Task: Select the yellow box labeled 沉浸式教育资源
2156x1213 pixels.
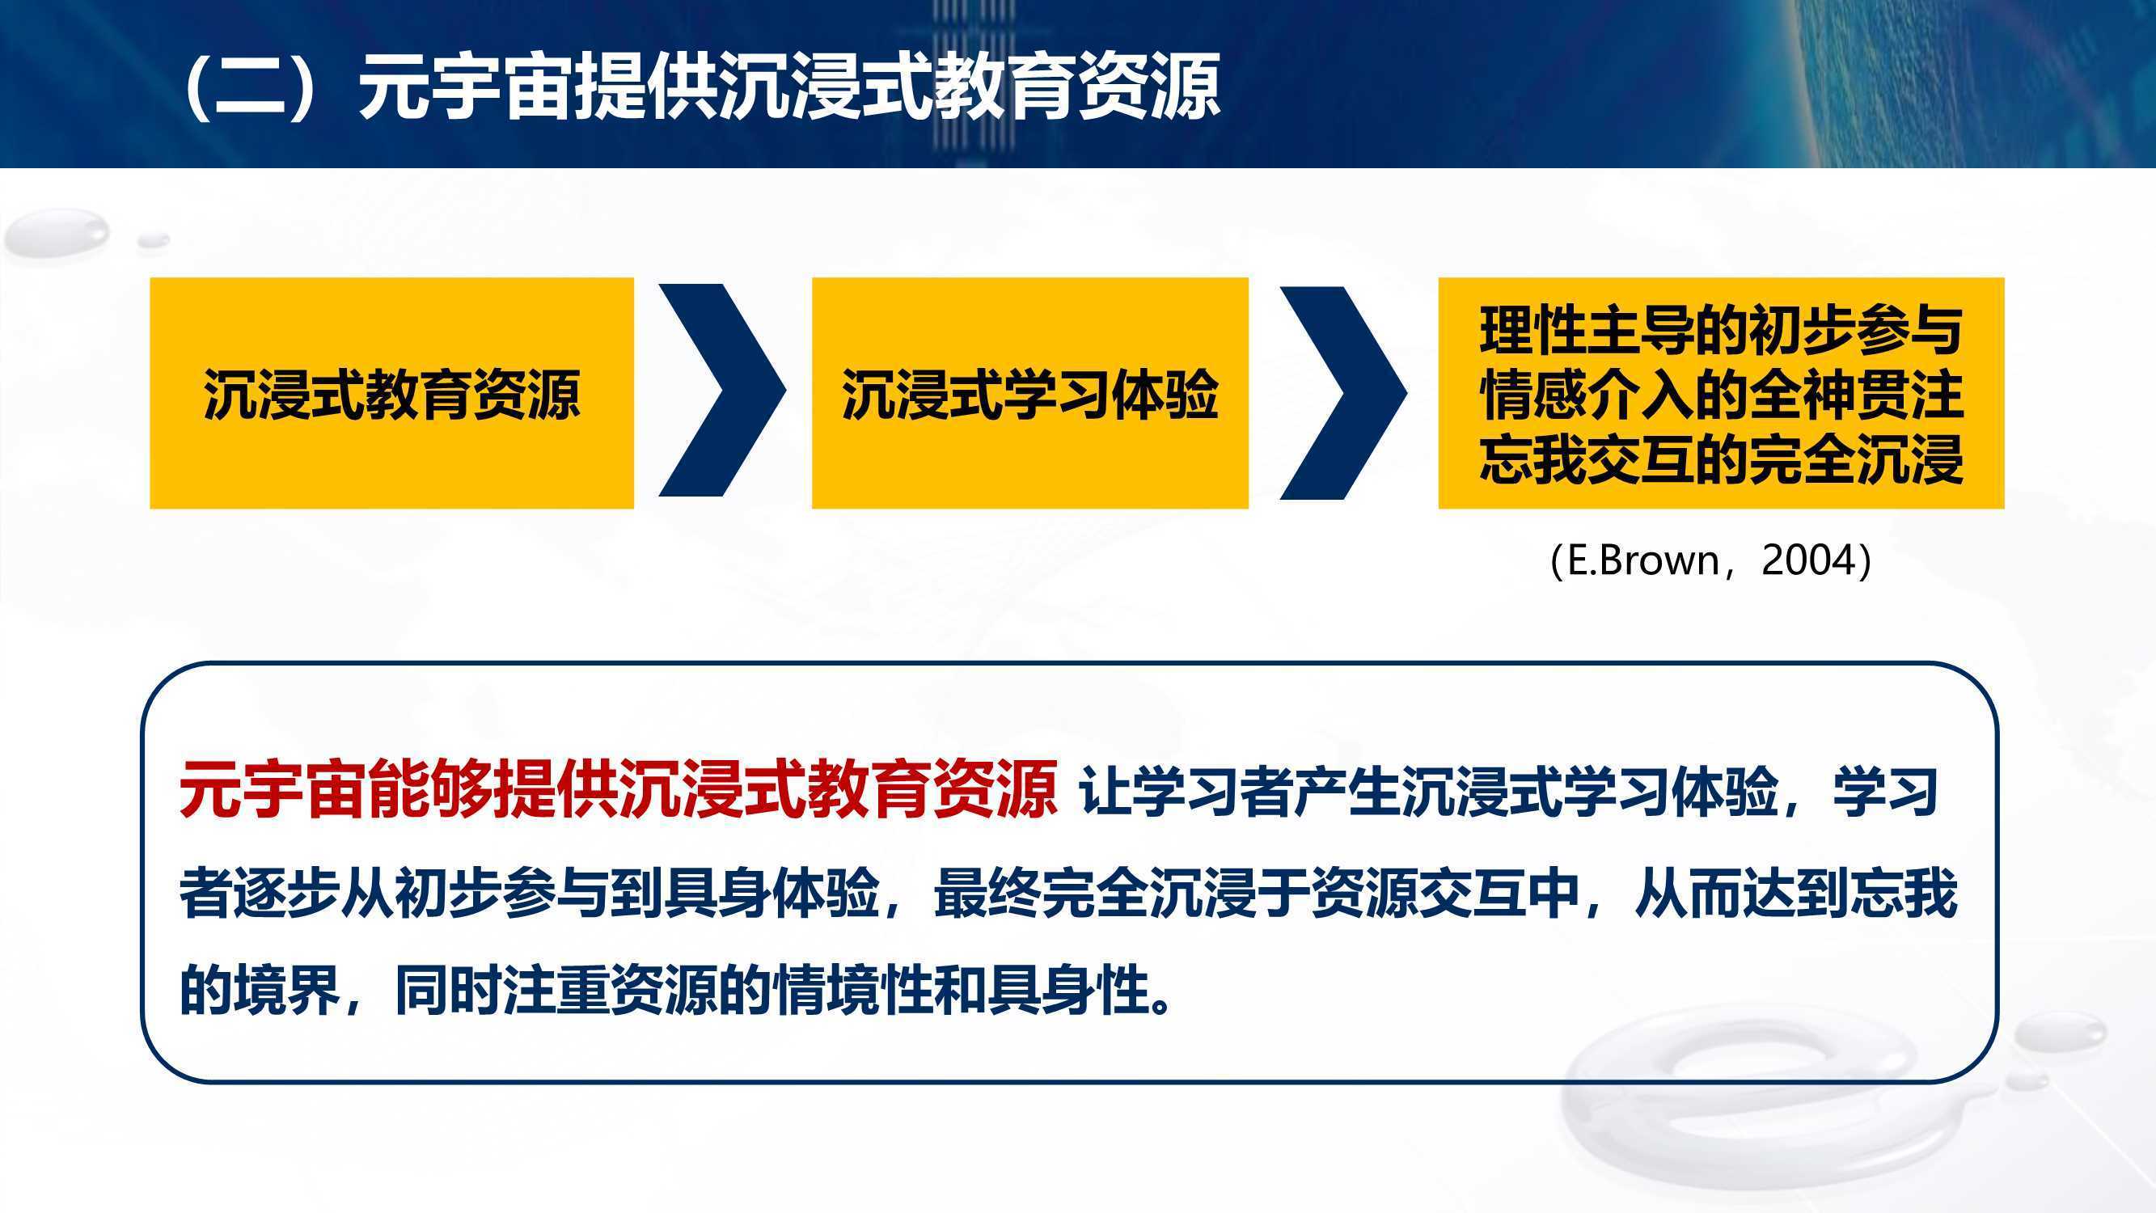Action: click(391, 393)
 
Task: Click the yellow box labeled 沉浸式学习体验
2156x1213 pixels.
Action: click(1029, 393)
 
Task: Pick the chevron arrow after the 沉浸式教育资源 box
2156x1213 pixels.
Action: click(722, 390)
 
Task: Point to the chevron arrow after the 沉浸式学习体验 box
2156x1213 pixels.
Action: click(1343, 393)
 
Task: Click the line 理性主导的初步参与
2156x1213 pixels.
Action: click(1721, 331)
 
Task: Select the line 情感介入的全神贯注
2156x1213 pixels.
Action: click(1721, 395)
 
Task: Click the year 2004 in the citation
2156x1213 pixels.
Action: click(1807, 560)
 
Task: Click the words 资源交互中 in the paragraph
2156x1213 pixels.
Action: click(1445, 894)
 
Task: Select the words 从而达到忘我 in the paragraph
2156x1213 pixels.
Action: click(1795, 894)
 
